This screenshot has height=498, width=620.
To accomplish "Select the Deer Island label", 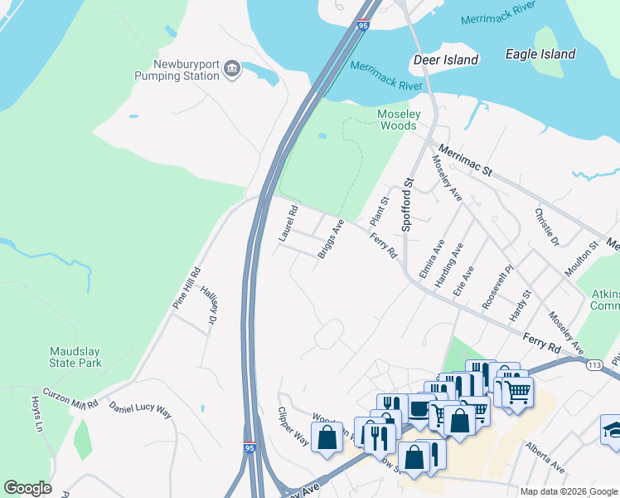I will point(446,60).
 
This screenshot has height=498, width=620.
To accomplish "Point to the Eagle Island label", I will point(540,55).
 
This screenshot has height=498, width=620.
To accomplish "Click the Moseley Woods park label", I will point(400,120).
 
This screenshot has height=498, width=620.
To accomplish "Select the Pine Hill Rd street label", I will point(186,288).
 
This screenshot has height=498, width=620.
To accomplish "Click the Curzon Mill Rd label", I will point(70,398).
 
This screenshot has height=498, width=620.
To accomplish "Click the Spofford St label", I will point(407,203).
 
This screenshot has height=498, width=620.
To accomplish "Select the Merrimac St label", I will point(465,161).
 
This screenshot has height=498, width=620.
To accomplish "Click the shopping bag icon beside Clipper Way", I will point(327,437).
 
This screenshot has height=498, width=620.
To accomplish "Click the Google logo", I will point(28,488).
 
